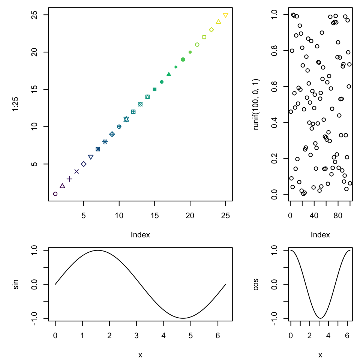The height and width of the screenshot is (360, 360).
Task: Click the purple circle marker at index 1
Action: pyautogui.click(x=55, y=194)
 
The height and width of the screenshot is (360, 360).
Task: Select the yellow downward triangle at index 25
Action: pyautogui.click(x=225, y=15)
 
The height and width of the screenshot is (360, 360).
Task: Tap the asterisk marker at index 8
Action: pyautogui.click(x=105, y=142)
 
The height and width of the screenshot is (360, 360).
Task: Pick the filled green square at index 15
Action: pyautogui.click(x=154, y=89)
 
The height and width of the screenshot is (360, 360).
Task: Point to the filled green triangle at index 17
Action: pyautogui.click(x=169, y=74)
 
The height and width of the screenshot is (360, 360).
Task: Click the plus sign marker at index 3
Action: pyautogui.click(x=69, y=179)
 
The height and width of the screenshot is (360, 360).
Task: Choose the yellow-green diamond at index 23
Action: pyautogui.click(x=211, y=30)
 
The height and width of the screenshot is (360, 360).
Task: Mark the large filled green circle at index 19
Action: pyautogui.click(x=183, y=60)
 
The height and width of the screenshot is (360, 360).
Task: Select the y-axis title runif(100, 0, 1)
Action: pyautogui.click(x=256, y=104)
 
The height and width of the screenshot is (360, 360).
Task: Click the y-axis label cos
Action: pyautogui.click(x=256, y=284)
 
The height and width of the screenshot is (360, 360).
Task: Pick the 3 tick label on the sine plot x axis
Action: pyautogui.click(x=136, y=333)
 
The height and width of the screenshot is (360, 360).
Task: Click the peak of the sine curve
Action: pyautogui.click(x=98, y=250)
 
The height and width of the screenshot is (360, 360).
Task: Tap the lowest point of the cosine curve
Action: pyautogui.click(x=320, y=318)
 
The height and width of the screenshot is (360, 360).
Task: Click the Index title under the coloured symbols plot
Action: pyautogui.click(x=140, y=235)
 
